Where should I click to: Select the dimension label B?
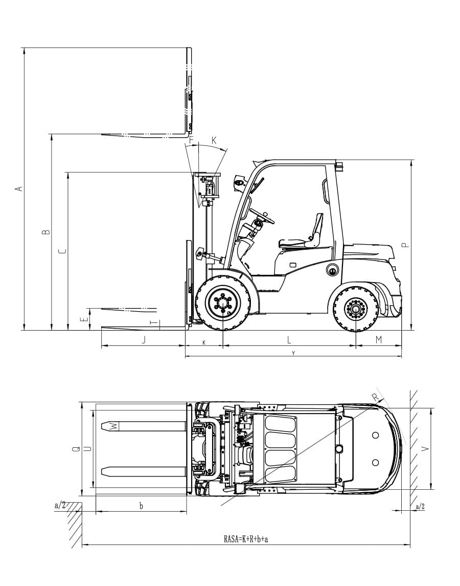coord(47,232)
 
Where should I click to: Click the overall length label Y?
coord(293,353)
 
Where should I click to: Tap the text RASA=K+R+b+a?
coord(246,539)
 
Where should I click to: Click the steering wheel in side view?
coord(262,215)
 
